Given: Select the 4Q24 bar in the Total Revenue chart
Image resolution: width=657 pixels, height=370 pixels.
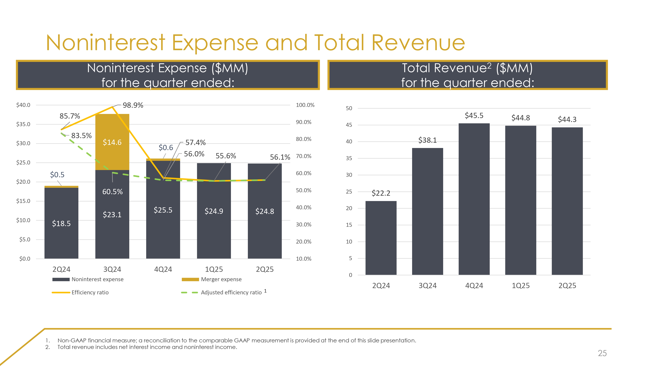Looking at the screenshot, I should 474,199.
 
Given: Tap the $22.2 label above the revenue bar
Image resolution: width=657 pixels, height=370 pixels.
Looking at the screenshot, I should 381,193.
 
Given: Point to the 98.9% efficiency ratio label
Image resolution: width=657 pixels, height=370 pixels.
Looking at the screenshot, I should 133,105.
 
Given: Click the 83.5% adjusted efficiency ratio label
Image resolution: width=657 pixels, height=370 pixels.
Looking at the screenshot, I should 81,136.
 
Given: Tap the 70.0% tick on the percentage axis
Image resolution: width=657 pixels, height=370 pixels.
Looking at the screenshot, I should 304,156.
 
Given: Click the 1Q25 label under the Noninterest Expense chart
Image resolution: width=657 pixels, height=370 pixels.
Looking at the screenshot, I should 214,269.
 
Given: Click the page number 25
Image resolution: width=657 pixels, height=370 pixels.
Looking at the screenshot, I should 602,353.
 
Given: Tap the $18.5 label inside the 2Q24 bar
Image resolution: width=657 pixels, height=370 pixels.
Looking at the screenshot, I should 61,224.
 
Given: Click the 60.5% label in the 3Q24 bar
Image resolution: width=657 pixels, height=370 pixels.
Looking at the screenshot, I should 113,192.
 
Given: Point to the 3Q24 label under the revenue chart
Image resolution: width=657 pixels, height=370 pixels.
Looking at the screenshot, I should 427,286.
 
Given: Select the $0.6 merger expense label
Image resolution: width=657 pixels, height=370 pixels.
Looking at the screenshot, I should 166,148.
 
